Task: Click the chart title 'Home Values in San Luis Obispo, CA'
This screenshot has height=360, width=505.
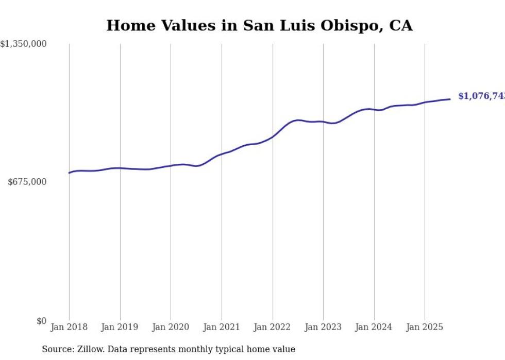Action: click(259, 26)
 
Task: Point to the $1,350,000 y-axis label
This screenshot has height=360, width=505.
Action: click(24, 44)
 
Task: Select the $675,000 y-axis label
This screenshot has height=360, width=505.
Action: click(27, 182)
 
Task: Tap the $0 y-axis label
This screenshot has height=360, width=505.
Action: click(41, 321)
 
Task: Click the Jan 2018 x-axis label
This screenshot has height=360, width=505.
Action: click(69, 327)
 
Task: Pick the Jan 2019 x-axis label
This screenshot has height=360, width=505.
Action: click(120, 327)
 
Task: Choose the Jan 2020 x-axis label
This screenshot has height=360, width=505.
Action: click(171, 327)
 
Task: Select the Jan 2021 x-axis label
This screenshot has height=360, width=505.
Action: click(222, 327)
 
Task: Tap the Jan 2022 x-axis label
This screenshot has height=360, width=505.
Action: click(272, 327)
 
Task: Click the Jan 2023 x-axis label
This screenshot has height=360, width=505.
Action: click(323, 327)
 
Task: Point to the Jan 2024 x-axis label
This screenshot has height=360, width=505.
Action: click(374, 327)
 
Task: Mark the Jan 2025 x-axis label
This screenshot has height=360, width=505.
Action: click(425, 327)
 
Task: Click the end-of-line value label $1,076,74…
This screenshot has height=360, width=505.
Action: click(481, 96)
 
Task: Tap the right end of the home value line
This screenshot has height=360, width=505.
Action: click(450, 99)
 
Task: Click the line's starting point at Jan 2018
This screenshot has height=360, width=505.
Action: click(69, 173)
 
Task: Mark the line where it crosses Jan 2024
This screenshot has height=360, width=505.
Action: click(374, 109)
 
